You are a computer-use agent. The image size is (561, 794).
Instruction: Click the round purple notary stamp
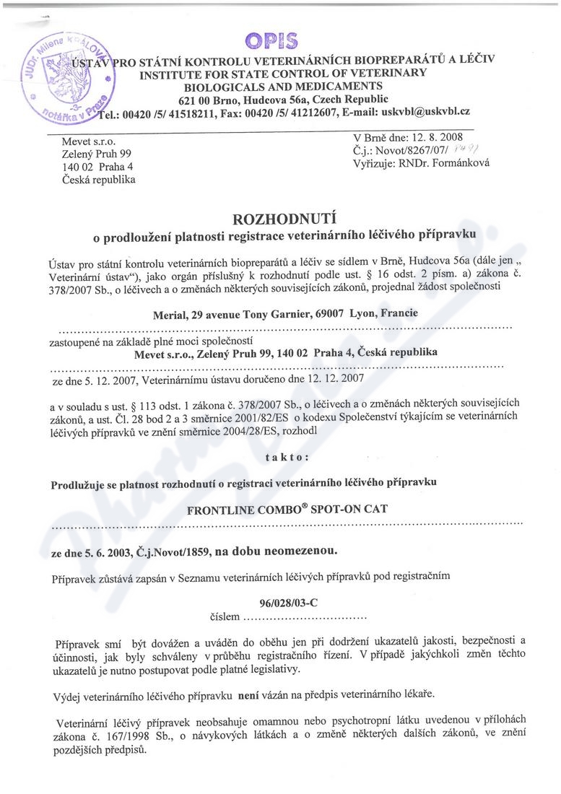tap(66, 77)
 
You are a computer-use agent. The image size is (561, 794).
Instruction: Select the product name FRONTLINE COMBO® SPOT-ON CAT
tap(287, 508)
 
